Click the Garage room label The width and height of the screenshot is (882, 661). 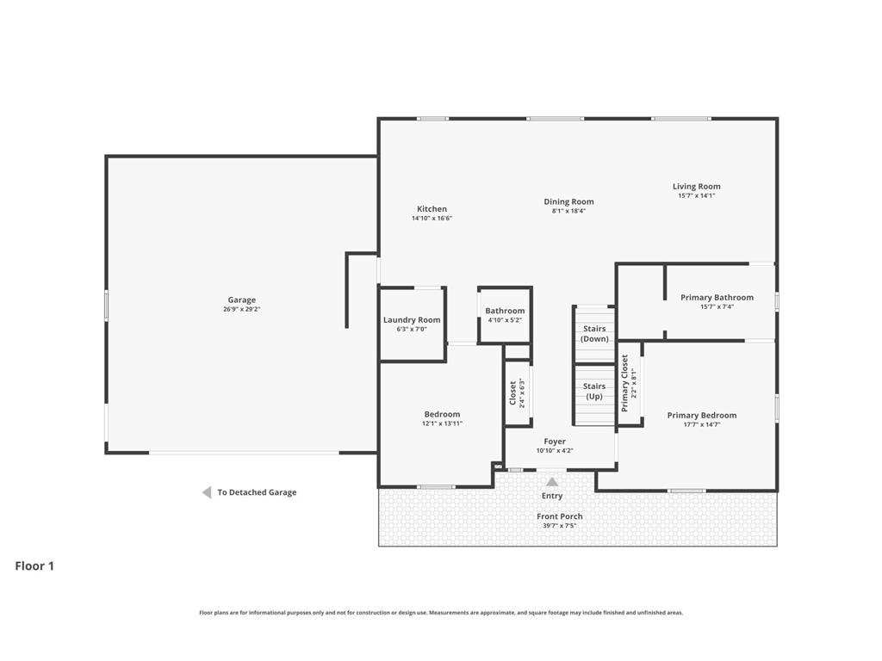pos(242,300)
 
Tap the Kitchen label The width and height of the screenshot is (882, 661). pos(432,209)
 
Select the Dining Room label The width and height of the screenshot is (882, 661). pos(568,201)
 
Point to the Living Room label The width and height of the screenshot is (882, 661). pos(696,187)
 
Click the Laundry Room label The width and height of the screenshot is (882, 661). pos(412,320)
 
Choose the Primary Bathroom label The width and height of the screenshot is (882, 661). pos(717,297)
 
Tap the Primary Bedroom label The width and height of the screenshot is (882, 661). pos(702,416)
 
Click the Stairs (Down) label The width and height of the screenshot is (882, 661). pos(594,334)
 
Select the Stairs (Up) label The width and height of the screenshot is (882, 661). pos(594,392)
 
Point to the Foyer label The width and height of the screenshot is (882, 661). pos(555,442)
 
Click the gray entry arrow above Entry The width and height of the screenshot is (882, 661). pos(552,482)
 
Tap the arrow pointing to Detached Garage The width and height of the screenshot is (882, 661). pos(207,492)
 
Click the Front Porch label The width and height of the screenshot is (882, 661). pos(560,516)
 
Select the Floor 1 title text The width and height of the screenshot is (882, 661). pos(34,566)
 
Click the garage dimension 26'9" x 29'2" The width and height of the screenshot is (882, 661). pos(242,309)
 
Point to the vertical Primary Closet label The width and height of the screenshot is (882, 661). pos(624,383)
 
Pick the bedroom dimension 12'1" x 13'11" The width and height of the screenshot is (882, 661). pos(442,423)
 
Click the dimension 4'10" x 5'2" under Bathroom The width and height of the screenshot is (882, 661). pos(505,320)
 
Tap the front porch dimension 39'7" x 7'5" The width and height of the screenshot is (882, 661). pos(560,526)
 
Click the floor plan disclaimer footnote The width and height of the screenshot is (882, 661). pos(441,613)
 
